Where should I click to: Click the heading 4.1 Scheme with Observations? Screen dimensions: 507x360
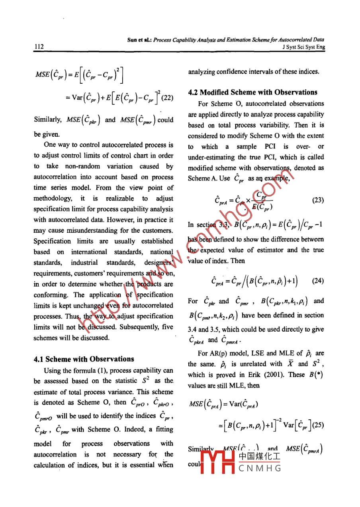pos(84,359)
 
